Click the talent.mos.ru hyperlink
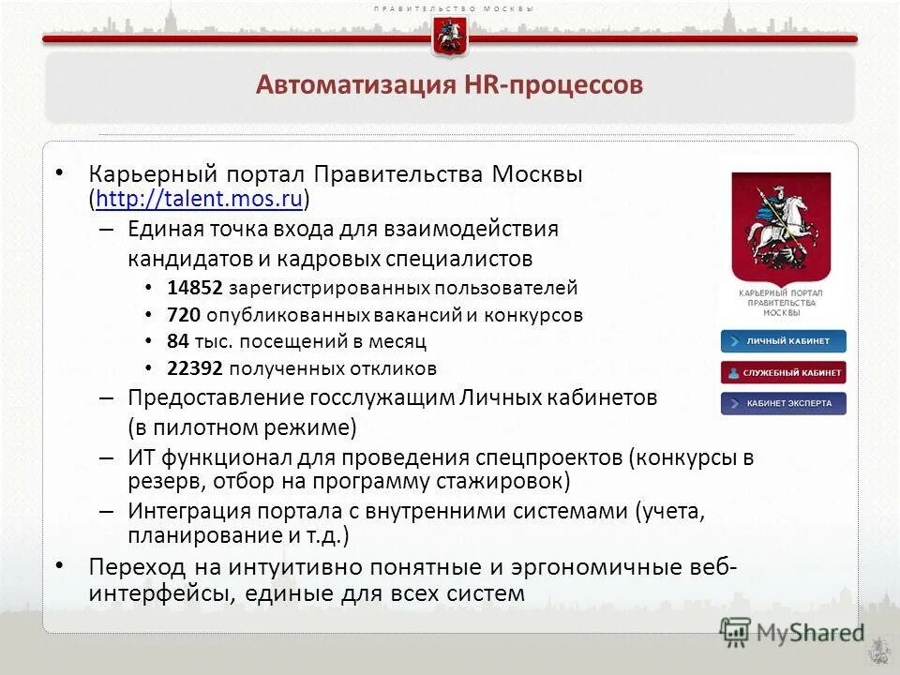pos(199,200)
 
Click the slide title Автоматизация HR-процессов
pos(449,85)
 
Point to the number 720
pos(184,315)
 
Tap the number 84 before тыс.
pos(178,341)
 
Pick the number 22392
pos(196,368)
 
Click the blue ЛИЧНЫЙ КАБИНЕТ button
pos(783,341)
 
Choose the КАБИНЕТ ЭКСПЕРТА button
pos(783,404)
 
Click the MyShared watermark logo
pos(792,632)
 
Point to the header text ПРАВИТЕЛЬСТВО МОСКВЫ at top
pos(454,8)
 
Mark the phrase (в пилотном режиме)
pos(243,427)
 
